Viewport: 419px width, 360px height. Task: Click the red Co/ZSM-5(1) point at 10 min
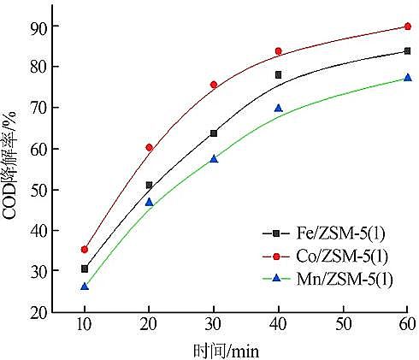pos(85,249)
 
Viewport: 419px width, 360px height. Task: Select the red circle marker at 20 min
pos(149,147)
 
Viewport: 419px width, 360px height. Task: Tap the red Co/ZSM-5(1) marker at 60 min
pos(407,27)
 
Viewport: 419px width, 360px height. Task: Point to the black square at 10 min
pos(85,269)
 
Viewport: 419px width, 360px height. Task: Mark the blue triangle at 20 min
pos(149,202)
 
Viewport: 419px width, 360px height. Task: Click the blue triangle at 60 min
pos(407,77)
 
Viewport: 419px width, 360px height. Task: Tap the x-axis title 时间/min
pos(226,349)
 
